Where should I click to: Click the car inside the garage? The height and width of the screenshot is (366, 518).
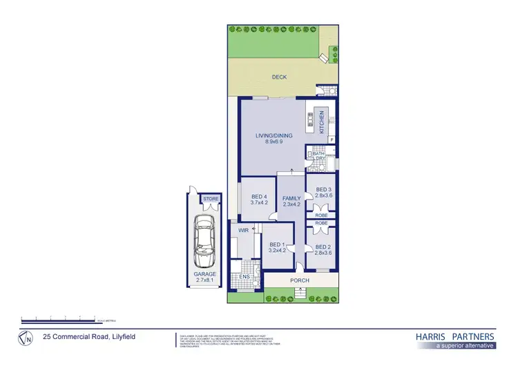204,241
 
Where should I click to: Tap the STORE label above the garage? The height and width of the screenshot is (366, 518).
211,200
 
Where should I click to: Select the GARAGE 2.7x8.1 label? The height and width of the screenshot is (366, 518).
204,278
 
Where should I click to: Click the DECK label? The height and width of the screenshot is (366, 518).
278,77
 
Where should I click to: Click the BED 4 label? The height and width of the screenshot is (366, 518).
257,200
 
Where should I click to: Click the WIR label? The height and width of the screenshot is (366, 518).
243,229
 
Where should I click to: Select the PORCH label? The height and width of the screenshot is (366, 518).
300,281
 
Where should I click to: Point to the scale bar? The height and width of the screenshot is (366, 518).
59,318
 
